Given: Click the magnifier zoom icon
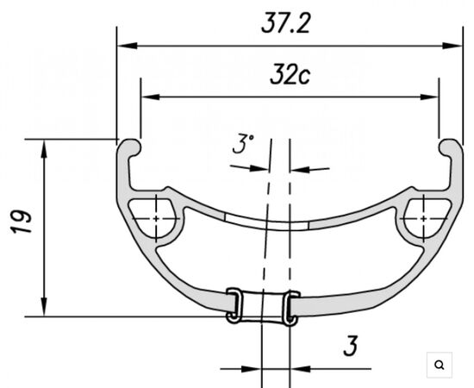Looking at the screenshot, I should click(x=440, y=366).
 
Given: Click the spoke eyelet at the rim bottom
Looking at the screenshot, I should click(x=262, y=306).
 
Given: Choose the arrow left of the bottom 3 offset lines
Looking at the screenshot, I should click(x=250, y=369).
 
